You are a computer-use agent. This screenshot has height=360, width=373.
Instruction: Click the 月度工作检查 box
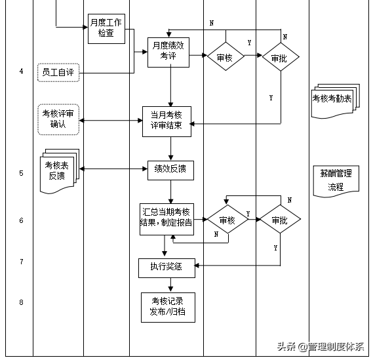tap(106, 28)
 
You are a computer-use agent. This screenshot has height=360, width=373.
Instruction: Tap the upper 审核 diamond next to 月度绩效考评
tap(225, 58)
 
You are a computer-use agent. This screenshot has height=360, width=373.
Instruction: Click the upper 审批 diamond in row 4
tap(280, 58)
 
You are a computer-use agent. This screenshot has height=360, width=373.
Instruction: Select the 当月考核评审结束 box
tap(167, 121)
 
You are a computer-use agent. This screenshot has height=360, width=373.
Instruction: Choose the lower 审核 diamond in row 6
tap(227, 220)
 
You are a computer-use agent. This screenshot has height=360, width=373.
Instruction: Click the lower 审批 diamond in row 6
tap(279, 220)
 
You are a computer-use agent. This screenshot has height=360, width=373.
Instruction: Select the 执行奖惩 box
tap(166, 266)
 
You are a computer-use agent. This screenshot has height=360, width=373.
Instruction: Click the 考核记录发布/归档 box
tap(168, 306)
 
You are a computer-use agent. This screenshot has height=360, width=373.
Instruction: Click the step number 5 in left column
tap(21, 173)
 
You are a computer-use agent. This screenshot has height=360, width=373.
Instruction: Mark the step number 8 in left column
tap(21, 302)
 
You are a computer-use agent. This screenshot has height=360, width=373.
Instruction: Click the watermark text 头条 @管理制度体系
tap(322, 347)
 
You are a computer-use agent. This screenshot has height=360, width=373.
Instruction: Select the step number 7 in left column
tap(21, 262)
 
